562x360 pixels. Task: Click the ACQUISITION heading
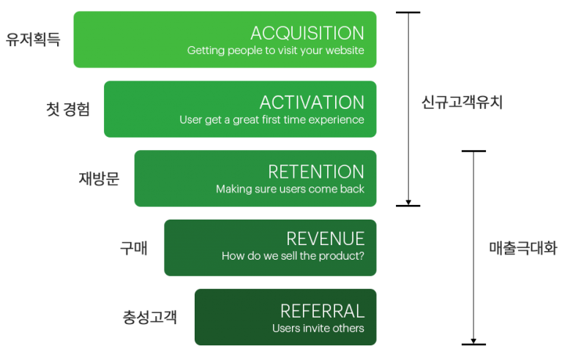pyautogui.click(x=307, y=33)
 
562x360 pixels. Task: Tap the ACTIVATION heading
pyautogui.click(x=312, y=102)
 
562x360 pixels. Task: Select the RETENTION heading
pyautogui.click(x=316, y=172)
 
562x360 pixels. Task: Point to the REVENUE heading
pyautogui.click(x=326, y=239)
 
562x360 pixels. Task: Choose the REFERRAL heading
pyautogui.click(x=322, y=311)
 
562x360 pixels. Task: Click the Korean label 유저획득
pyautogui.click(x=33, y=40)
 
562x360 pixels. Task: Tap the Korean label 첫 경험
pyautogui.click(x=68, y=109)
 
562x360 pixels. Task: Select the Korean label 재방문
pyautogui.click(x=99, y=179)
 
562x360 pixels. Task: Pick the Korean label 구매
pyautogui.click(x=134, y=248)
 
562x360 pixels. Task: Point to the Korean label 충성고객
pyautogui.click(x=150, y=317)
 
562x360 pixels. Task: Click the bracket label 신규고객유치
pyautogui.click(x=462, y=102)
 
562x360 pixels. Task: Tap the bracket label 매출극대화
pyautogui.click(x=523, y=248)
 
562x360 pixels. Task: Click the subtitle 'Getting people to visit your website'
pyautogui.click(x=276, y=50)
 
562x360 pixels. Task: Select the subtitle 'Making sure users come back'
pyautogui.click(x=290, y=189)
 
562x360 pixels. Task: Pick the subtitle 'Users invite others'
pyautogui.click(x=318, y=328)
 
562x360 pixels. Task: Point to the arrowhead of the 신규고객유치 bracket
pyautogui.click(x=408, y=203)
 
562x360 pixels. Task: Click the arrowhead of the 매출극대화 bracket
pyautogui.click(x=473, y=341)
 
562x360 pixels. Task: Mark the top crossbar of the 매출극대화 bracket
pyautogui.click(x=473, y=151)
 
